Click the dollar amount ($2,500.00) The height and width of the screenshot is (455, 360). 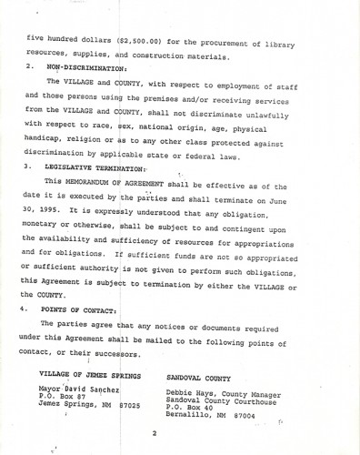click(x=145, y=42)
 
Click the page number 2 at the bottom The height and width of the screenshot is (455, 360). click(x=155, y=433)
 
